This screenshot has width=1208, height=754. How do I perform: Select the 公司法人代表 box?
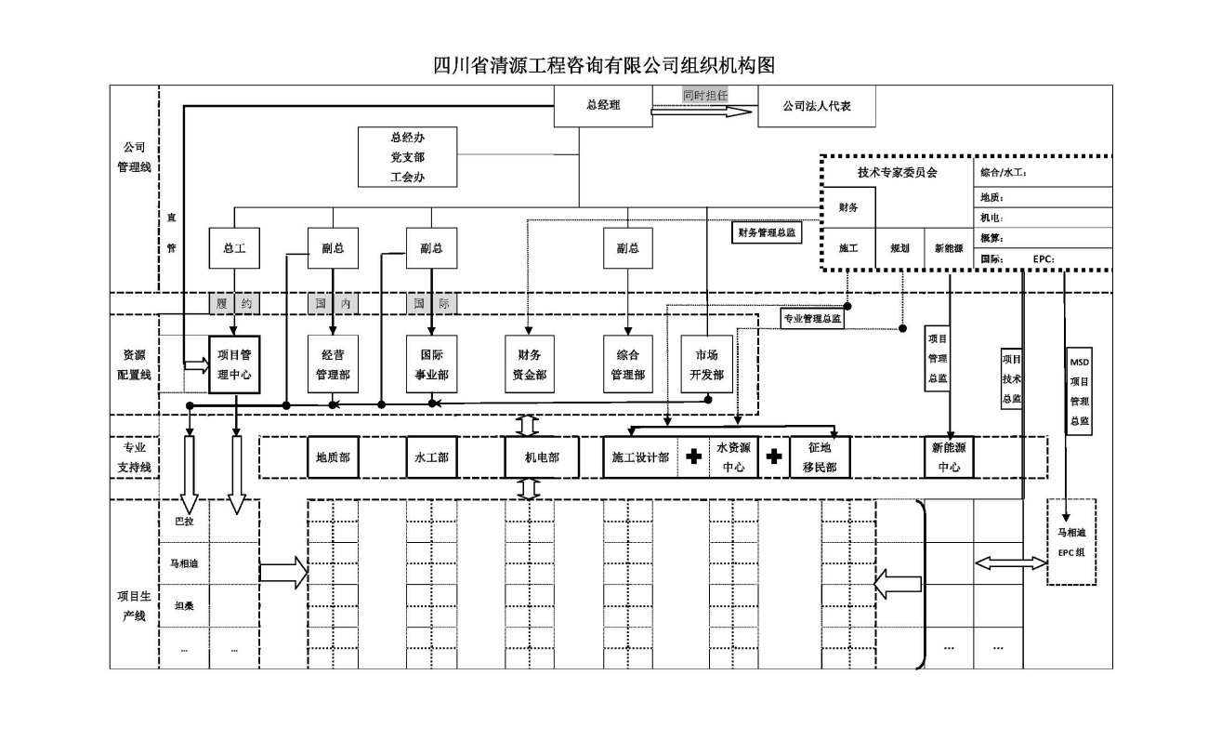pyautogui.click(x=817, y=106)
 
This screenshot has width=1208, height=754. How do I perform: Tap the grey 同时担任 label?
pyautogui.click(x=704, y=95)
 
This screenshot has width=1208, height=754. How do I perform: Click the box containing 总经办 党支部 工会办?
pyautogui.click(x=408, y=157)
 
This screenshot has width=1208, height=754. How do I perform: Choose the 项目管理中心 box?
pyautogui.click(x=234, y=364)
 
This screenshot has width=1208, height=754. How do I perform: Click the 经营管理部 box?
pyautogui.click(x=333, y=364)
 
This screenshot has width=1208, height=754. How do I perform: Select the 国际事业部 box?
pyautogui.click(x=431, y=364)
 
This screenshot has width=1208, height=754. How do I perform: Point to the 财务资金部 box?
pyautogui.click(x=530, y=364)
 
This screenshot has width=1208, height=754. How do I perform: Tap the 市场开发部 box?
pyautogui.click(x=707, y=364)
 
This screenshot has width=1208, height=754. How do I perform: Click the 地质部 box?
pyautogui.click(x=332, y=457)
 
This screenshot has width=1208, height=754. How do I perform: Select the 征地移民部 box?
pyautogui.click(x=820, y=457)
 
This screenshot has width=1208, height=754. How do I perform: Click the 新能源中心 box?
pyautogui.click(x=949, y=457)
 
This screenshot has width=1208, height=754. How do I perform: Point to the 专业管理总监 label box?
pyautogui.click(x=812, y=318)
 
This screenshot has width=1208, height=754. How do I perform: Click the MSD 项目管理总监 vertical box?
pyautogui.click(x=1079, y=391)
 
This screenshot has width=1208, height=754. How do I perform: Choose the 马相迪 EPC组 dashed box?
pyautogui.click(x=1071, y=542)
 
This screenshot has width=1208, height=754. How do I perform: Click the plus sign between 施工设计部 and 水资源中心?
pyautogui.click(x=692, y=456)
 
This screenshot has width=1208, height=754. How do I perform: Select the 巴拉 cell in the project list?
pyautogui.click(x=184, y=522)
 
